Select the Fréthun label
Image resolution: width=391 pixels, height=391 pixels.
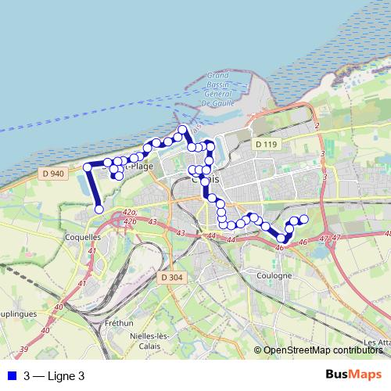click(119, 322)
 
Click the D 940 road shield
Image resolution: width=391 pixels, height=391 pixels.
click(52, 173)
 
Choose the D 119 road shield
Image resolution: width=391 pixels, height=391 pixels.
click(266, 144)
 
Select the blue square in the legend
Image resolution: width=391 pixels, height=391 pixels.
click(11, 375)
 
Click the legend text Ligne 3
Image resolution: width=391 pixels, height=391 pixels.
click(55, 375)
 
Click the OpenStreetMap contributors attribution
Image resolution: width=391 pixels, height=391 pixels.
click(323, 350)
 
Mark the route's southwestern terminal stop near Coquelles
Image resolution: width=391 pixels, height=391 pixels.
click(99, 209)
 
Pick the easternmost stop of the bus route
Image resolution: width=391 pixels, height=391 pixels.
click(304, 220)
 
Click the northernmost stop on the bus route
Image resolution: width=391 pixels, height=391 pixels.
click(183, 129)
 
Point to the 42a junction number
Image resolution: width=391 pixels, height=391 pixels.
click(130, 213)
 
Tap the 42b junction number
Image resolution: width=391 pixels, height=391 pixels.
click(130, 221)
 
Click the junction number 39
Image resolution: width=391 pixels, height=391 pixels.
click(24, 349)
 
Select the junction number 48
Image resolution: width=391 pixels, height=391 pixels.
click(387, 233)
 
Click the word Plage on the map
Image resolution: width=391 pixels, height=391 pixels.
click(142, 166)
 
